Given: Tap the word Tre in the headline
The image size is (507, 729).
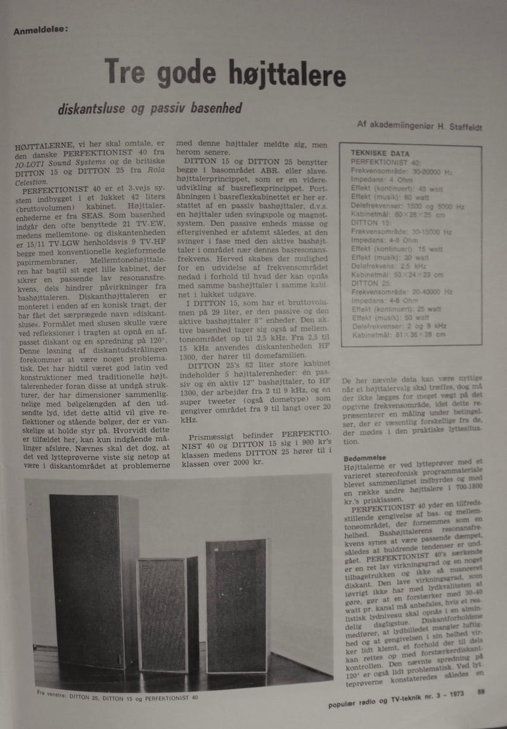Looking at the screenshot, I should [125, 70].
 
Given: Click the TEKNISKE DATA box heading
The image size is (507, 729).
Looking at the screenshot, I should [384, 153].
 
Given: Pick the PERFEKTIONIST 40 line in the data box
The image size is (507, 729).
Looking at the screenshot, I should [386, 162].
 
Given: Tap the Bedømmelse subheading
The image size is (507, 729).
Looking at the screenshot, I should [364, 457].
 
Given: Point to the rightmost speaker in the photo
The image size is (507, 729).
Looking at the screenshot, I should [236, 605].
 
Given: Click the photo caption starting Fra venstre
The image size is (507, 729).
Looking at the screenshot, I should [118, 696].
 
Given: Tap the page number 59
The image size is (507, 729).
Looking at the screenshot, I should [482, 692].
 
